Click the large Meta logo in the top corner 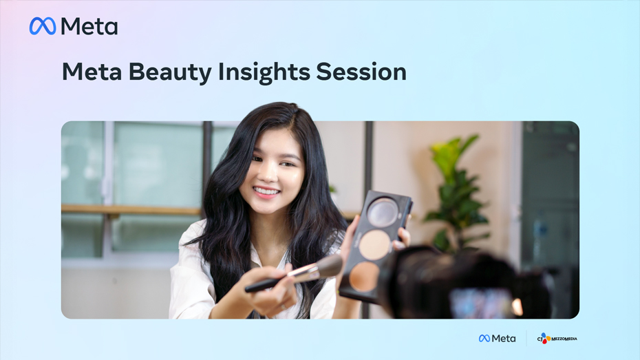point(74,27)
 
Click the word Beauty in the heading point(170,72)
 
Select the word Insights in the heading point(264,72)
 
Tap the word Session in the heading point(361,72)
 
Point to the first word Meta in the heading point(92,72)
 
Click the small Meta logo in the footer point(497,339)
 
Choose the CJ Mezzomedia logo point(557,339)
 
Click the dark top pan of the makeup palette point(382,211)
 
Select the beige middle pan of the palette point(374,244)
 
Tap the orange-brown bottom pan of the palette point(363,276)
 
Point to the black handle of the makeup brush point(266,285)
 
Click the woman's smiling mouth point(266,191)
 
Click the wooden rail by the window point(131,210)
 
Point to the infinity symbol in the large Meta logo point(43,26)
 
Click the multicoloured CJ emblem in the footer point(544,339)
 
